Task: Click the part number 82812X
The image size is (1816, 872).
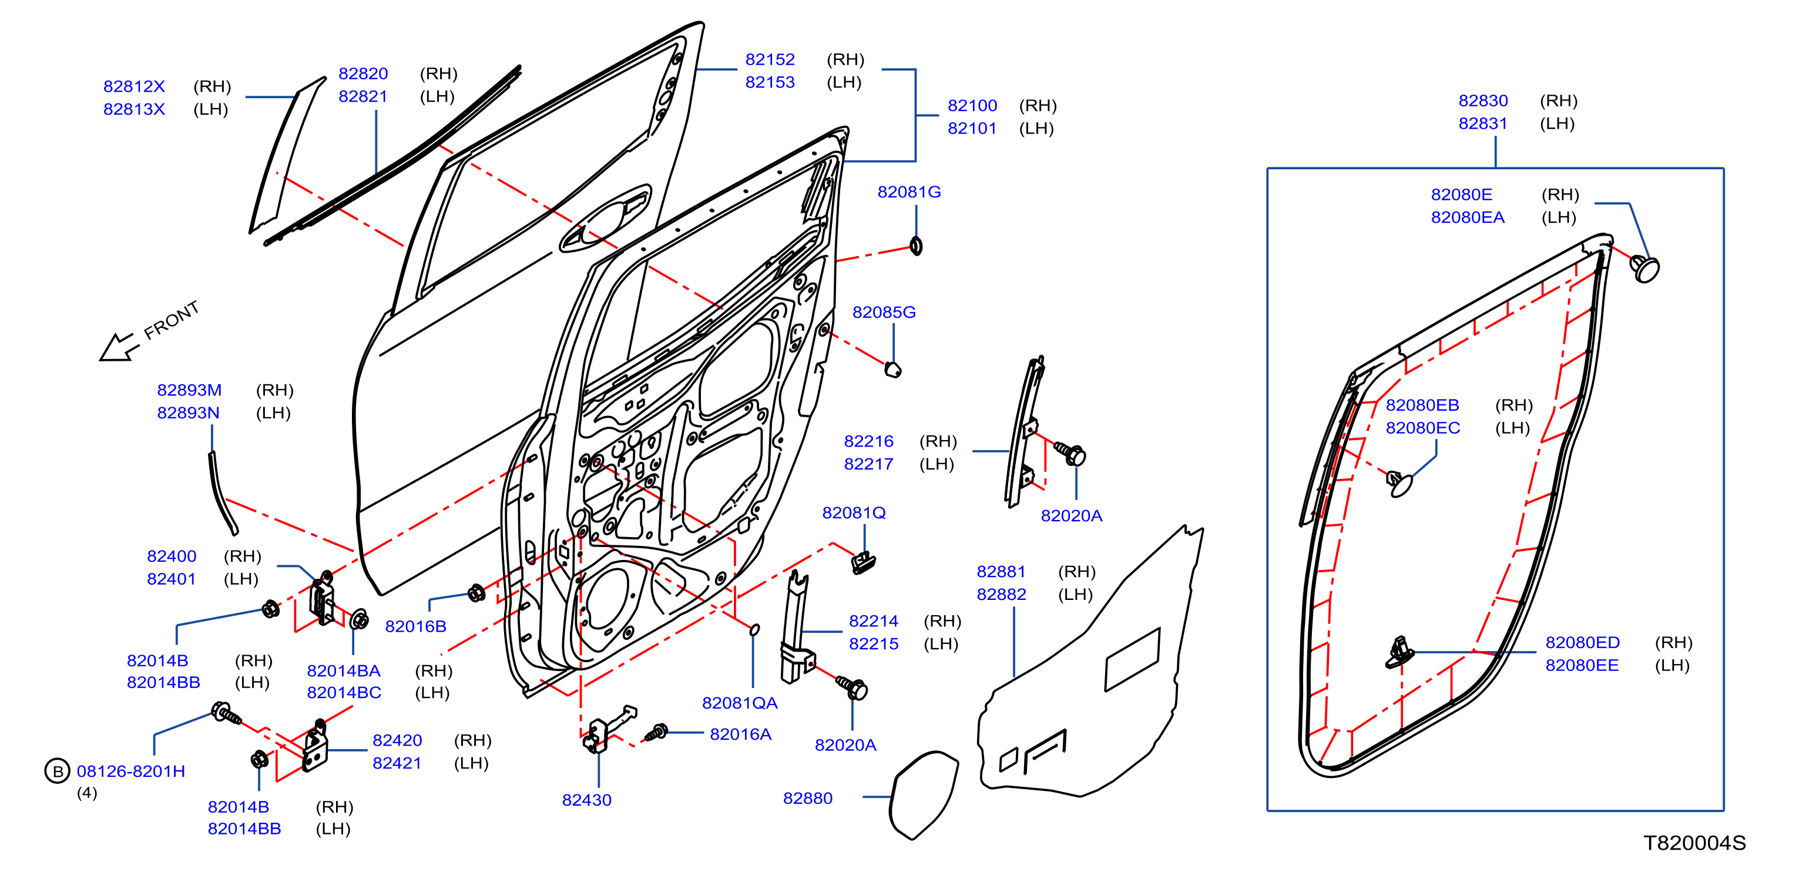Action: [134, 87]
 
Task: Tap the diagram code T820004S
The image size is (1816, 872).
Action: [1695, 843]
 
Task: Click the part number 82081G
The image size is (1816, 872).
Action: [909, 192]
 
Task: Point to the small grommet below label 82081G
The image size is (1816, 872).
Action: [916, 246]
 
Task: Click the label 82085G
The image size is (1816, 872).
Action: [884, 312]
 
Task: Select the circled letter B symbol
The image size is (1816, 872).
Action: [57, 771]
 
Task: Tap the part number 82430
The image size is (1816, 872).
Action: [586, 800]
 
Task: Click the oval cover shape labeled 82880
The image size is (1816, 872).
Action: [923, 794]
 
